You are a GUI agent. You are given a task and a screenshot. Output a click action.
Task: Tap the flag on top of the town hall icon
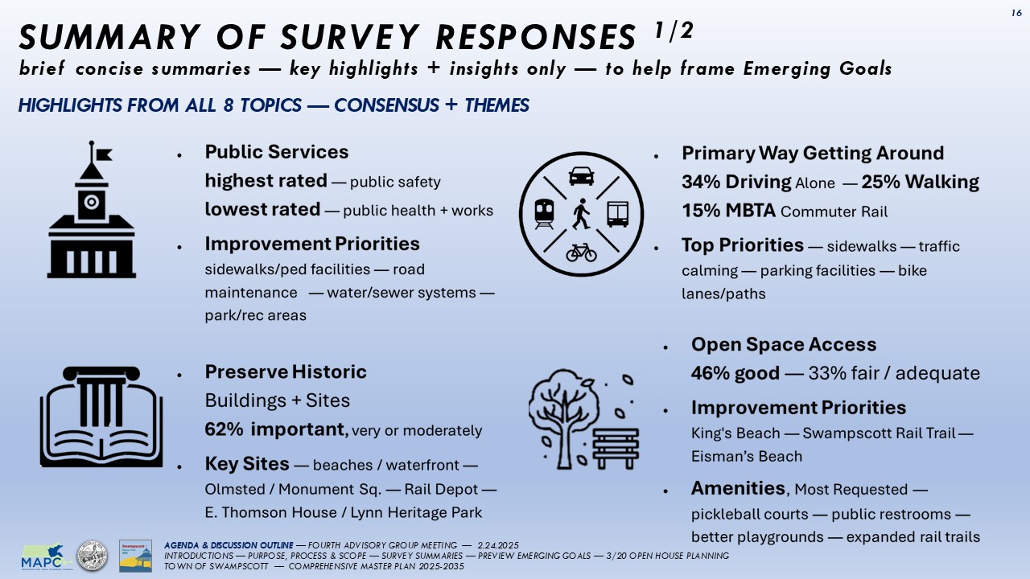coord(102,153)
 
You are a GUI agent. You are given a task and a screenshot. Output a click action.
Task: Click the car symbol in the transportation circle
coord(581,175)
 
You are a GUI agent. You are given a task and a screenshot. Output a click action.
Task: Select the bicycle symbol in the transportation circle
coord(581,253)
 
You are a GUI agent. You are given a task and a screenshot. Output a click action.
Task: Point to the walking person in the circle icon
coord(581,214)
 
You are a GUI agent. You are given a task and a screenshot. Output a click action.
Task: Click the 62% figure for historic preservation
coord(225,429)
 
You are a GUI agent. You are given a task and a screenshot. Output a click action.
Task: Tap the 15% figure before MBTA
coord(699,211)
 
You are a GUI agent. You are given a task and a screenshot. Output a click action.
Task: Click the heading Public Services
coord(276,152)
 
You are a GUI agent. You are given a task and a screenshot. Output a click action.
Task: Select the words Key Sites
coord(246,463)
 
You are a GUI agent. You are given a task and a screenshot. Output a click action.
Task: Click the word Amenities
coord(738,488)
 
